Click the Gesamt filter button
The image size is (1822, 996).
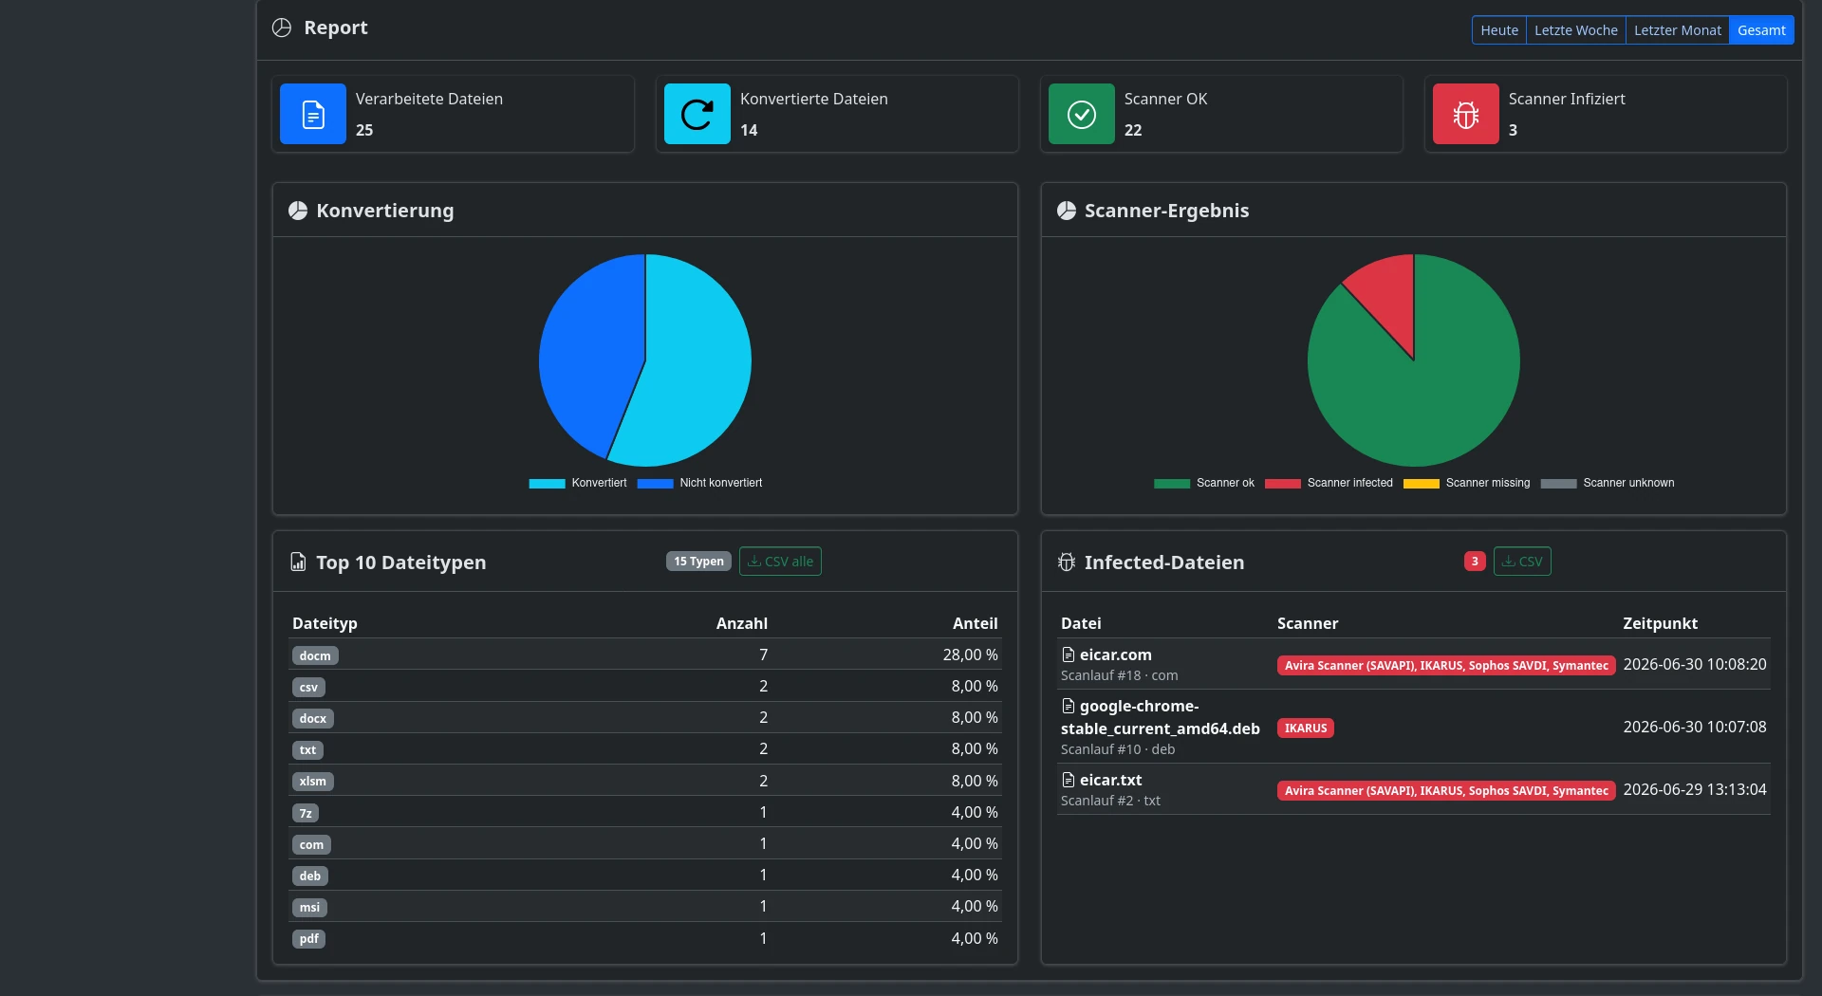click(1761, 30)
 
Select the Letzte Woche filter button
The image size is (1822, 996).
click(1575, 30)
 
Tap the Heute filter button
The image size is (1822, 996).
click(1499, 30)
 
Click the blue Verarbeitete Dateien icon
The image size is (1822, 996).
click(313, 114)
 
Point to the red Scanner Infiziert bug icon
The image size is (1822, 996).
click(1466, 114)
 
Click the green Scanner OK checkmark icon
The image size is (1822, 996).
click(1082, 114)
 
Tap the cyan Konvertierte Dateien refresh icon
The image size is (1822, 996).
click(697, 114)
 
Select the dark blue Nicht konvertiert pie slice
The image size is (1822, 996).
click(584, 351)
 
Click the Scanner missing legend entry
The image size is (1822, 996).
click(1467, 483)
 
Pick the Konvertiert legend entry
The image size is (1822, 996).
click(578, 483)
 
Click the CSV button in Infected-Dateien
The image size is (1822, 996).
click(1522, 562)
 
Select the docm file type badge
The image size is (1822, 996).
click(315, 655)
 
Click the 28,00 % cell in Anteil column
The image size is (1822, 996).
click(970, 655)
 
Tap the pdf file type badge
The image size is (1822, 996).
click(309, 939)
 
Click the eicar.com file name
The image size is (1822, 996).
click(1115, 655)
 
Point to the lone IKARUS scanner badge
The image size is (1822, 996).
click(1306, 729)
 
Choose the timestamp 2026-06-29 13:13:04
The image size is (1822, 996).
click(1695, 789)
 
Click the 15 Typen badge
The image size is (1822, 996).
click(698, 562)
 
